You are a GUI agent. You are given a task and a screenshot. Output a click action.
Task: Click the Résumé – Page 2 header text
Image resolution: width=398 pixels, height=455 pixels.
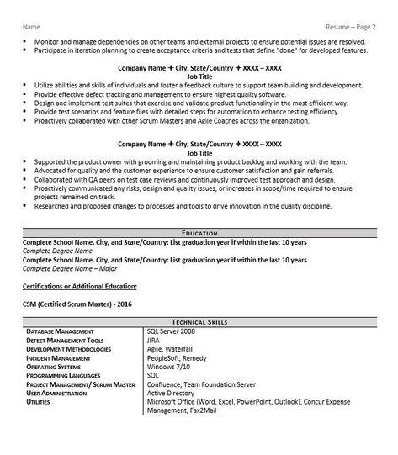coord(349,27)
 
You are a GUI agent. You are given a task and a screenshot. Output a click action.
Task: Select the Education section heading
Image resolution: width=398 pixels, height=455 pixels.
coord(199,232)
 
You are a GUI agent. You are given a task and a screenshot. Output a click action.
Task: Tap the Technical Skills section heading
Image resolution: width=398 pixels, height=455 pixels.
coord(199,322)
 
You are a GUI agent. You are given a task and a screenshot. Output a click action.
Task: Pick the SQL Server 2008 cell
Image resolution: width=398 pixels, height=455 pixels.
coord(175,331)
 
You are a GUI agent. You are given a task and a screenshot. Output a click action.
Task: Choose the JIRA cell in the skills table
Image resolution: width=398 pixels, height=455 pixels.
coord(156,340)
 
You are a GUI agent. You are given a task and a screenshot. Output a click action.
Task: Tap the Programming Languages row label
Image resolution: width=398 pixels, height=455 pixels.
coord(67,374)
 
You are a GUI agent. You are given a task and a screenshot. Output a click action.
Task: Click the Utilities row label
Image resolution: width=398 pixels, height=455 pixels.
coord(39,401)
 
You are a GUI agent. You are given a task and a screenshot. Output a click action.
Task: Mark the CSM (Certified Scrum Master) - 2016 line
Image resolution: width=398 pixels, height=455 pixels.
coord(77,303)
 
